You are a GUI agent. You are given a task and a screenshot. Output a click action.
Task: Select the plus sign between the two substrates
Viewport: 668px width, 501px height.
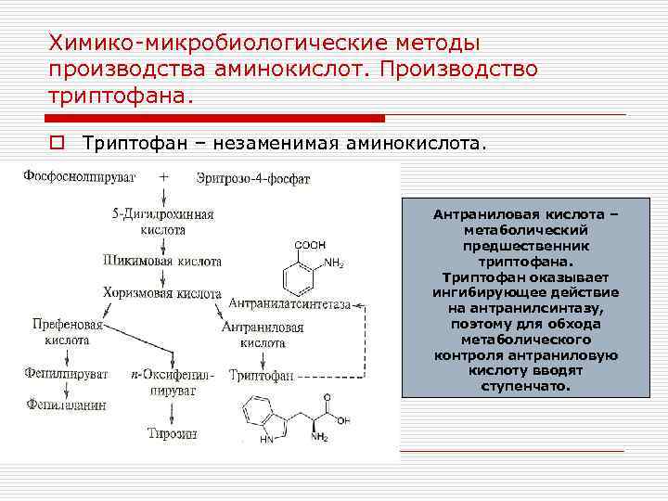164,175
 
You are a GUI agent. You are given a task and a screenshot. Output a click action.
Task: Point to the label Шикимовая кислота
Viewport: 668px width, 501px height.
162,262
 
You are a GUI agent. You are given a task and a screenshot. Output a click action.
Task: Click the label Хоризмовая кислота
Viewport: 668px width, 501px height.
162,292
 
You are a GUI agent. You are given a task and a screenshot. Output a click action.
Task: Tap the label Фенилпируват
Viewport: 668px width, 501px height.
68,374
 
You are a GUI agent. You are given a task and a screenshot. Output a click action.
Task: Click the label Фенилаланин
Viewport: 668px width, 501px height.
66,405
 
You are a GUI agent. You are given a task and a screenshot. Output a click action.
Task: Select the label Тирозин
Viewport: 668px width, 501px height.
169,433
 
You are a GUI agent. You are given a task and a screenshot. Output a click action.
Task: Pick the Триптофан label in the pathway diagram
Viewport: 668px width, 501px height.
262,375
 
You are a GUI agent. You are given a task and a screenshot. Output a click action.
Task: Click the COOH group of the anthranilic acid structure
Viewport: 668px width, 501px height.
310,245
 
